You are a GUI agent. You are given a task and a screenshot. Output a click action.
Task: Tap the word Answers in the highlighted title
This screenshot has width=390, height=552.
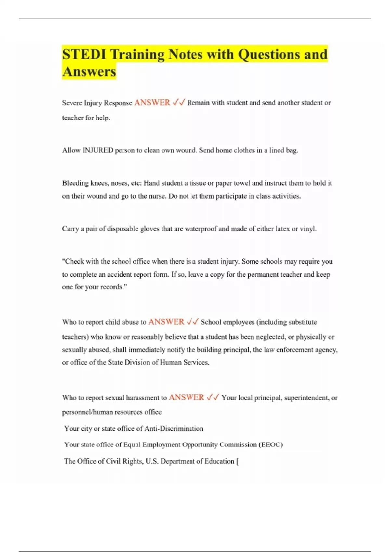tap(89, 71)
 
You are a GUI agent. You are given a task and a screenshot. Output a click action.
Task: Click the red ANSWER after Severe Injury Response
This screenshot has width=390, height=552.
tap(152, 102)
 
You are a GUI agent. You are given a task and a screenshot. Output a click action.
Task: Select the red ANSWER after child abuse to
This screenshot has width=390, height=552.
tap(166, 322)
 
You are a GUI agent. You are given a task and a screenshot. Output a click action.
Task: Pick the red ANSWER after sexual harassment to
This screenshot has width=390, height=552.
tap(187, 397)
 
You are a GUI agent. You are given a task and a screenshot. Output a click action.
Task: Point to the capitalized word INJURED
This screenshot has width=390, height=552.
tap(98, 150)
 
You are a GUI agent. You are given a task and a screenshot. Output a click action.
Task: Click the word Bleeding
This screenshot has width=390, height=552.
tap(75, 183)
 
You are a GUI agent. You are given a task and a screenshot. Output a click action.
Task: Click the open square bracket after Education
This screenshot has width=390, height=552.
tap(237, 461)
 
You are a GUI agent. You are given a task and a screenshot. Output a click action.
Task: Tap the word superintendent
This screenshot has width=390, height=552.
tap(306, 398)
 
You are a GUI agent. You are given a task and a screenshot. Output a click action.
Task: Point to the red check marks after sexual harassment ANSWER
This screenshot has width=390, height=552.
tap(213, 397)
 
